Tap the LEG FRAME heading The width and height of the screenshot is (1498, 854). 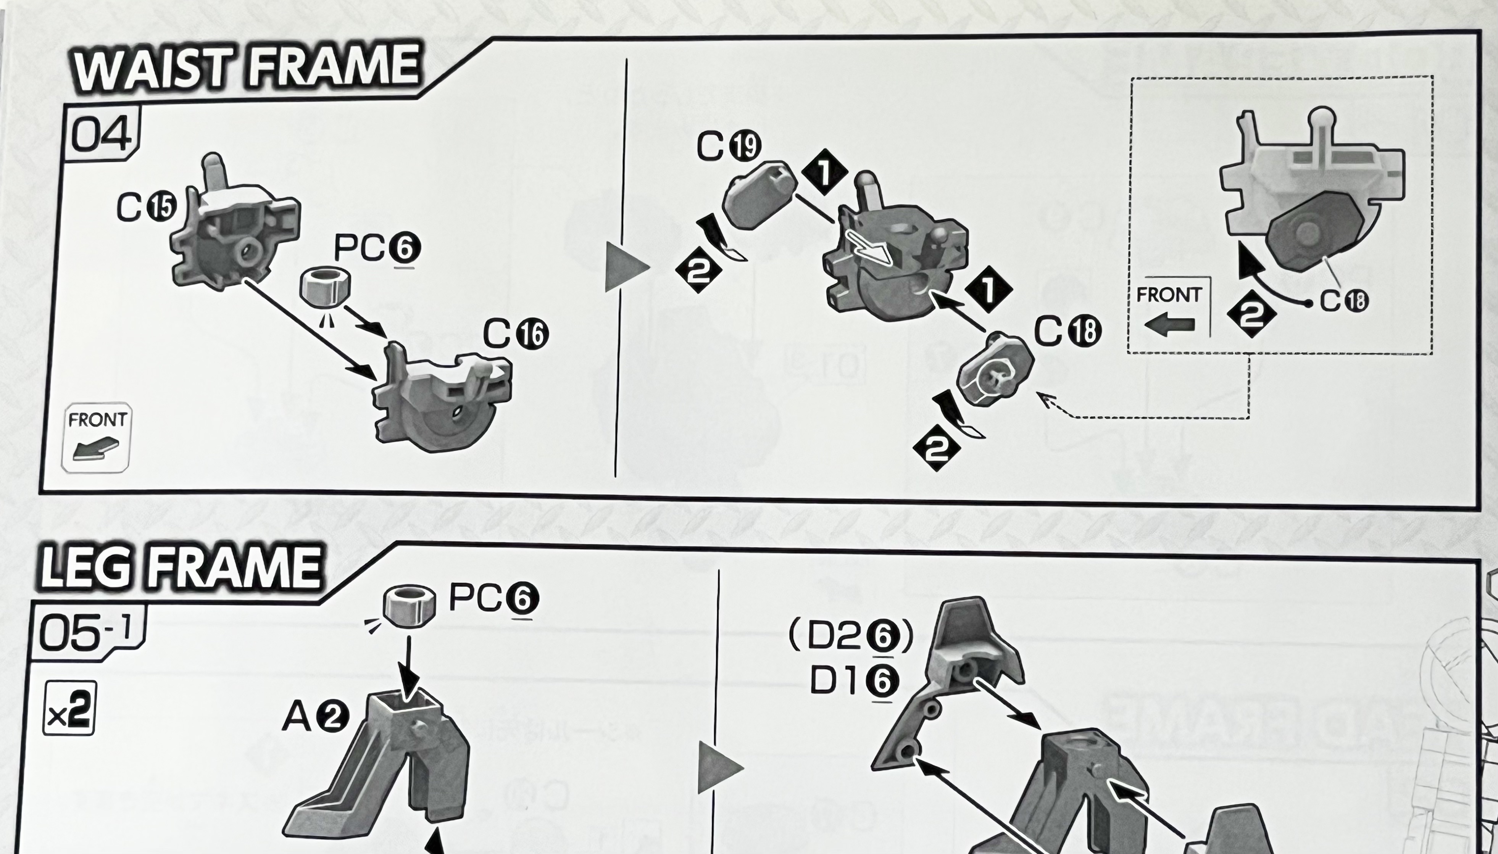click(x=181, y=567)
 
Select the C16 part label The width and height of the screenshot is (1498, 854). click(x=515, y=334)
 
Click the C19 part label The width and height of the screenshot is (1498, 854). click(x=729, y=147)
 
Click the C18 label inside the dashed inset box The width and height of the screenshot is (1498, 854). click(x=1344, y=301)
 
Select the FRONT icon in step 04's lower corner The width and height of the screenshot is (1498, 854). click(x=96, y=437)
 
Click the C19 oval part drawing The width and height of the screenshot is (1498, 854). click(x=759, y=195)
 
